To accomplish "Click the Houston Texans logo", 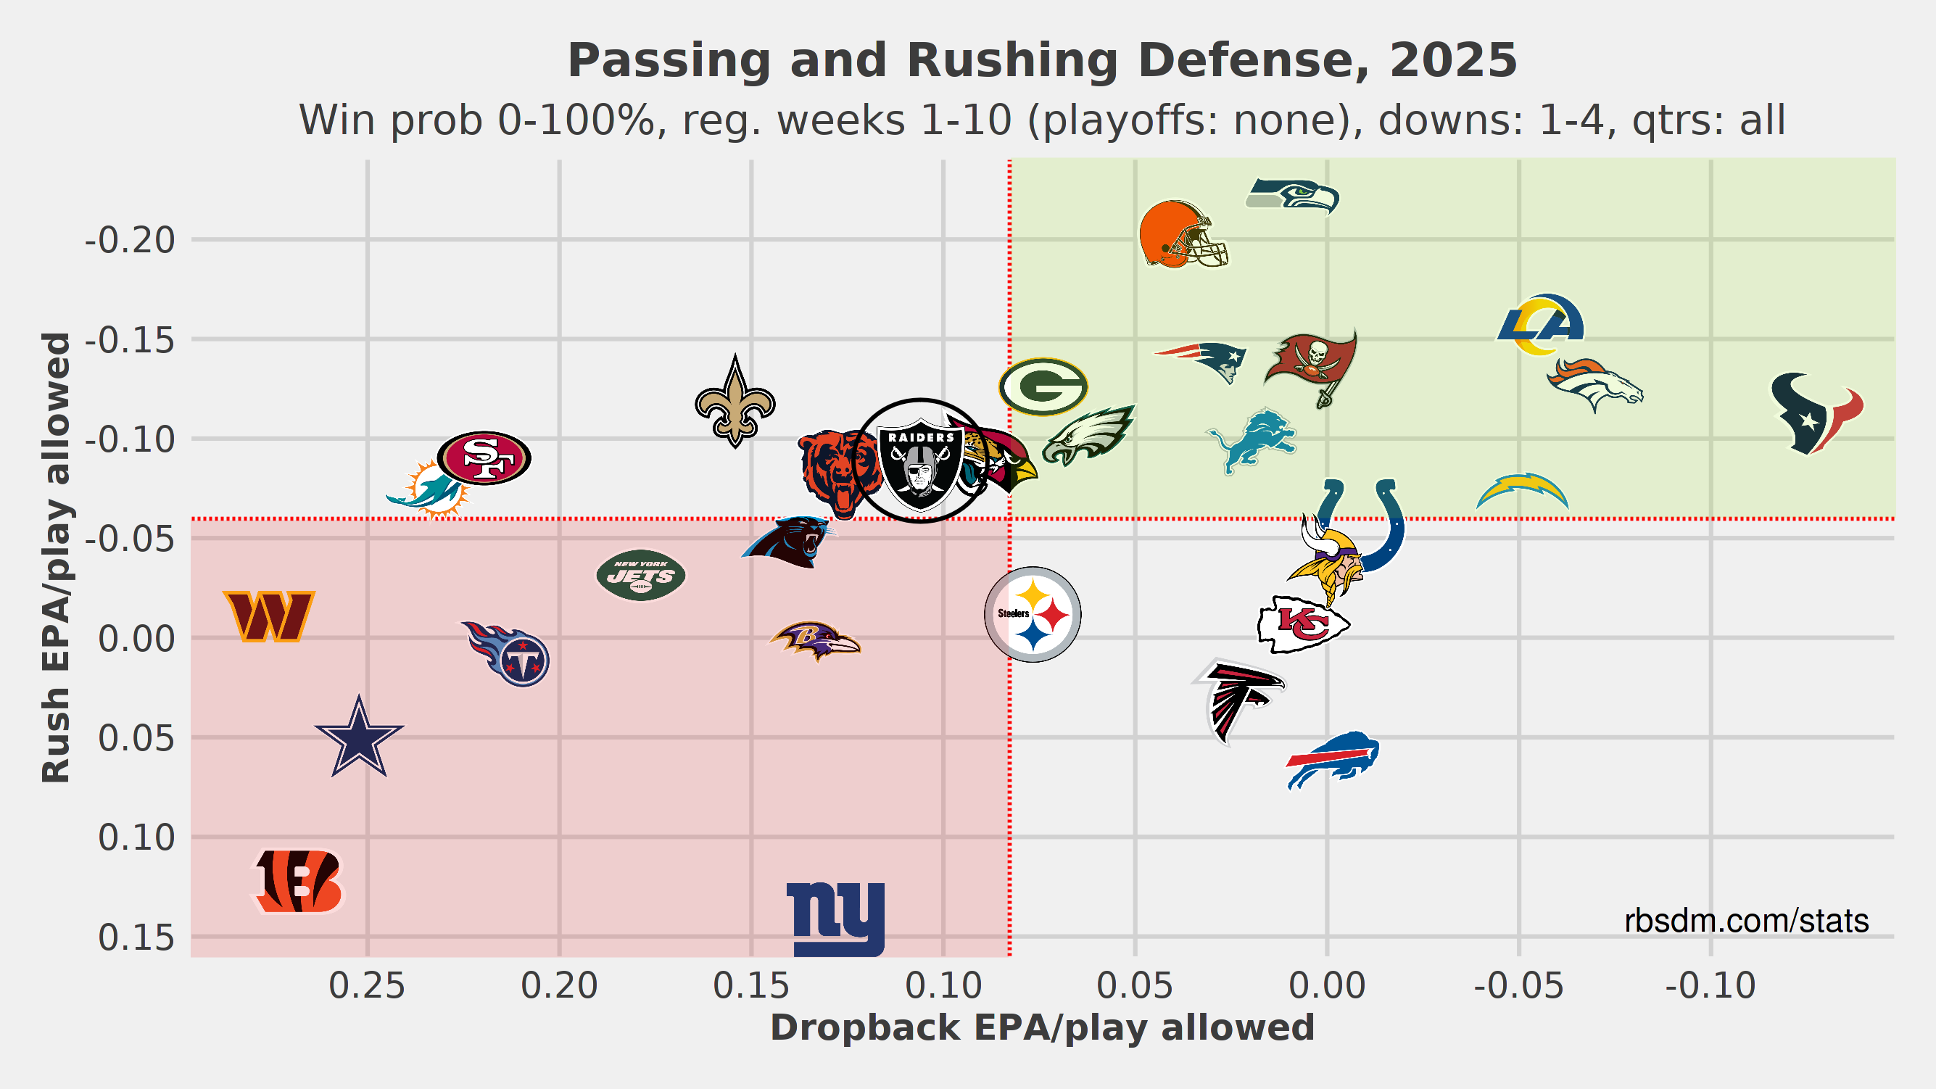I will pyautogui.click(x=1816, y=413).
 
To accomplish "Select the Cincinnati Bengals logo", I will pyautogui.click(x=298, y=881).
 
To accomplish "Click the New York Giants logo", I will pyautogui.click(x=836, y=919).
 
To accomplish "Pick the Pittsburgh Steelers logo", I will pyautogui.click(x=1033, y=614).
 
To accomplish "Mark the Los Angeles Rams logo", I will pyautogui.click(x=1541, y=325).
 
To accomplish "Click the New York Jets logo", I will pyautogui.click(x=641, y=576).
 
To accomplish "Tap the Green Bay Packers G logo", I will pyautogui.click(x=1043, y=387).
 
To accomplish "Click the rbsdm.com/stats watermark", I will pyautogui.click(x=1746, y=921).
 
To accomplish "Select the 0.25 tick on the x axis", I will pyautogui.click(x=367, y=986).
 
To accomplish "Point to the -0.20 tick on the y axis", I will pyautogui.click(x=130, y=241).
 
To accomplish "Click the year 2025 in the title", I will pyautogui.click(x=1453, y=60).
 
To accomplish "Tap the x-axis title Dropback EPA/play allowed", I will pyautogui.click(x=1043, y=1028).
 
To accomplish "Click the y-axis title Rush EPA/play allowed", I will pyautogui.click(x=57, y=558).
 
